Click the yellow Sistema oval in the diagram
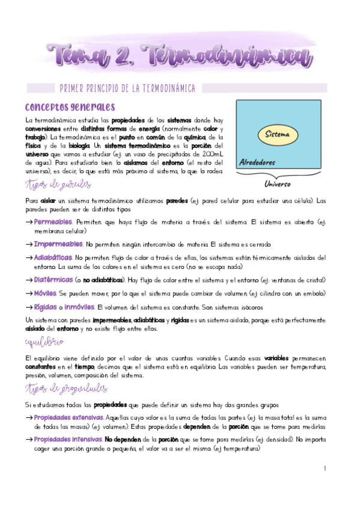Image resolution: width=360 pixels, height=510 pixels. point(278,134)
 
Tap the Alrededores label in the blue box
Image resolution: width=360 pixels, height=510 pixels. point(257,162)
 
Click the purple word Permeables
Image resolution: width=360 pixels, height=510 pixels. point(53,222)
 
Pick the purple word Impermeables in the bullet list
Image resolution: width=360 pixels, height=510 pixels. point(58,244)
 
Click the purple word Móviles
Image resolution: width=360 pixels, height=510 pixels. point(45,293)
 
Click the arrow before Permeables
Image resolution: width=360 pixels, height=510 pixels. point(29,223)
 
